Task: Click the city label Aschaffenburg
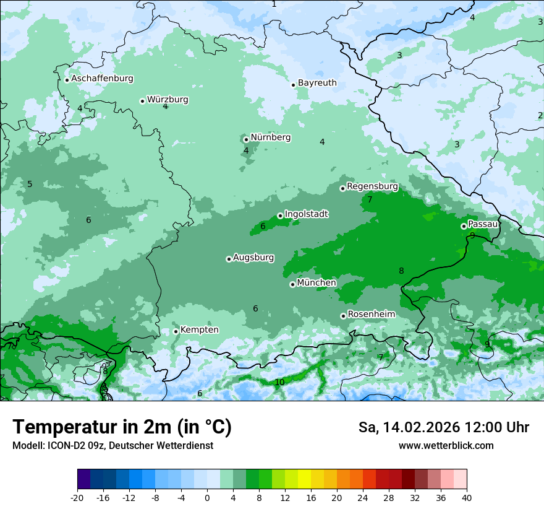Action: (x=102, y=79)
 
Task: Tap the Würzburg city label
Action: (x=168, y=100)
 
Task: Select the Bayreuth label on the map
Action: (x=317, y=83)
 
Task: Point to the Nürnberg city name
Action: (x=270, y=137)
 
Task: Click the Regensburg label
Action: (x=372, y=186)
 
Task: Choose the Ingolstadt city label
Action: (x=306, y=214)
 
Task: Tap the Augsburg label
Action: (x=253, y=258)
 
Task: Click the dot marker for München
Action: (x=292, y=284)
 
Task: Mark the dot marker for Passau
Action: (x=464, y=226)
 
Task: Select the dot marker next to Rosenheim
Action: (x=343, y=316)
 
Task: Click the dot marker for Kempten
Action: (x=176, y=331)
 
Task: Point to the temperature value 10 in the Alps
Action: (x=279, y=382)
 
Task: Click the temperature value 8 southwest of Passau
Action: (x=401, y=271)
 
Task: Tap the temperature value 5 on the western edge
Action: (x=30, y=184)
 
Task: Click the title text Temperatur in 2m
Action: (x=122, y=427)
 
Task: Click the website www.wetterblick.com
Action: (x=446, y=445)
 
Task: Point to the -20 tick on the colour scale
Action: (x=77, y=497)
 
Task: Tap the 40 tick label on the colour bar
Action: (x=466, y=497)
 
